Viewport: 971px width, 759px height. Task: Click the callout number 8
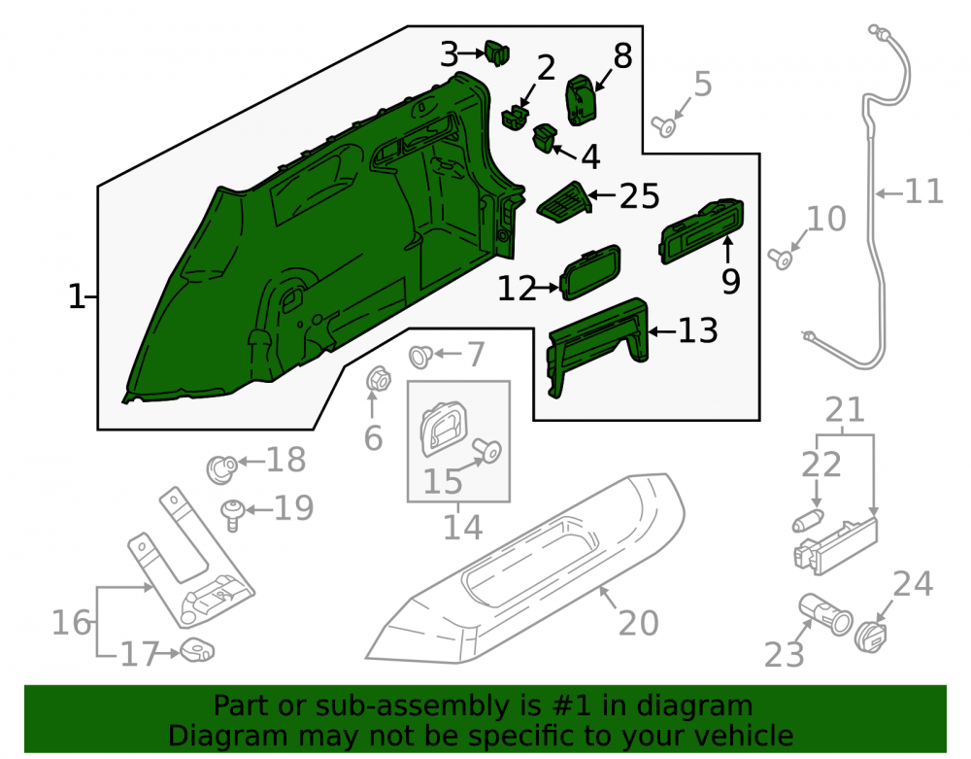tap(623, 55)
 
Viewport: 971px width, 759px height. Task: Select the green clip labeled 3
tap(497, 52)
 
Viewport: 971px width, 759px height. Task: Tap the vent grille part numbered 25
tap(563, 202)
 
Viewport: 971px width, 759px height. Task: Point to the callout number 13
tap(698, 330)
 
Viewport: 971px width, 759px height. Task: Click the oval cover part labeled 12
tap(590, 273)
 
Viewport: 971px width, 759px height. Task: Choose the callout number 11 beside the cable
tap(924, 191)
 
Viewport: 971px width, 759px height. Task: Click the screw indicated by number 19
tap(233, 515)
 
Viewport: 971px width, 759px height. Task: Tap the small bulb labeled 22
tap(808, 521)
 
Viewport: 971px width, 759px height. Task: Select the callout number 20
tap(639, 623)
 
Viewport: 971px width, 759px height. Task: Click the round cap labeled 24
tap(870, 637)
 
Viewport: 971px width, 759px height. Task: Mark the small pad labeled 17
tap(197, 650)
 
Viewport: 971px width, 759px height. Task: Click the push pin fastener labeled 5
tap(663, 126)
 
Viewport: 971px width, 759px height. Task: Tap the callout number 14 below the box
tap(462, 528)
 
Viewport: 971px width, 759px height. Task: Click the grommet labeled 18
tap(221, 469)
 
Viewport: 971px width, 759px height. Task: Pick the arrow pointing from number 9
tap(727, 252)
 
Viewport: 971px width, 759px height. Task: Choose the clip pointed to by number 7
tap(420, 356)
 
